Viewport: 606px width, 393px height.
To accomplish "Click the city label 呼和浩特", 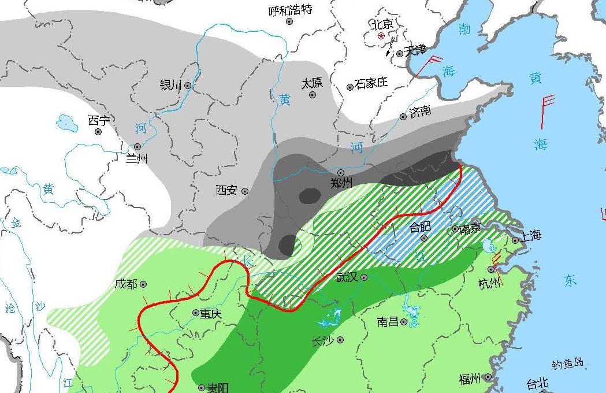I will click(x=291, y=10).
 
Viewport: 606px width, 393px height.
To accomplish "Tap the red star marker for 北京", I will click(x=381, y=36).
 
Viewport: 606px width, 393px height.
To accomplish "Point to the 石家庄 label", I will click(x=371, y=83).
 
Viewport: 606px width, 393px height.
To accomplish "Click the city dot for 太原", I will click(x=313, y=95).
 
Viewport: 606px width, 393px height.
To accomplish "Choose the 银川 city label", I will click(x=171, y=85).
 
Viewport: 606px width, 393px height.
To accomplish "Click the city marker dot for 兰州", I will click(x=137, y=147).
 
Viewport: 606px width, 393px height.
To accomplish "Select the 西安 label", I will click(x=226, y=190).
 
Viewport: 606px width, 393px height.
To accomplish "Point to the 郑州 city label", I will click(x=341, y=184).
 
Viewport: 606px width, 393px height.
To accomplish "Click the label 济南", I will click(x=420, y=111).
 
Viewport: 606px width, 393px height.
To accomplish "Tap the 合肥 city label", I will click(x=420, y=227).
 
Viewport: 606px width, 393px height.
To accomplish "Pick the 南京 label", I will click(x=470, y=228).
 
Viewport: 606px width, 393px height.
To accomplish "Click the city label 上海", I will click(x=530, y=235).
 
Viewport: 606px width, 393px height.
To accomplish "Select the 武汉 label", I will click(x=348, y=277).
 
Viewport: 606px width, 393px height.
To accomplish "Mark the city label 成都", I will click(x=126, y=284).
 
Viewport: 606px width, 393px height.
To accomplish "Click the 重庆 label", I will click(x=211, y=313).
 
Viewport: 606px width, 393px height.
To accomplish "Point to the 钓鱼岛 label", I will click(x=568, y=364).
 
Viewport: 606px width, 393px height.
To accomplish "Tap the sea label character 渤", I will click(x=464, y=29).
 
